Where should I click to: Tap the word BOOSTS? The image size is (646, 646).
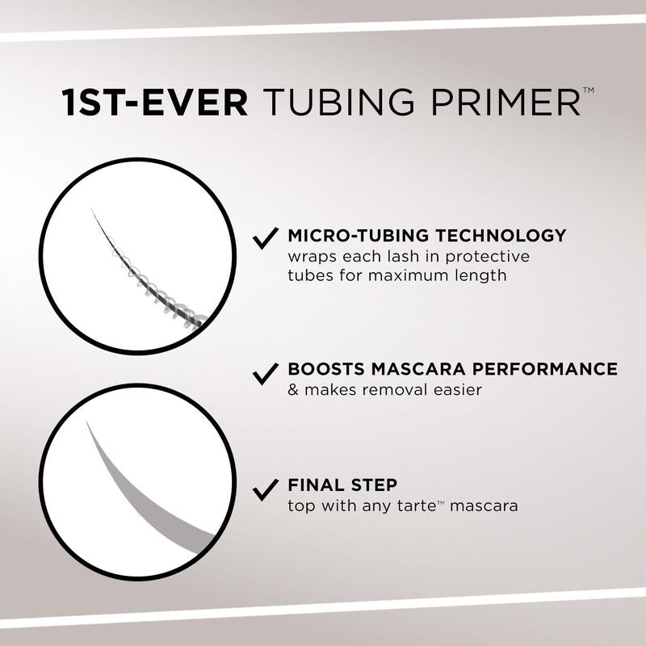[326, 370]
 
